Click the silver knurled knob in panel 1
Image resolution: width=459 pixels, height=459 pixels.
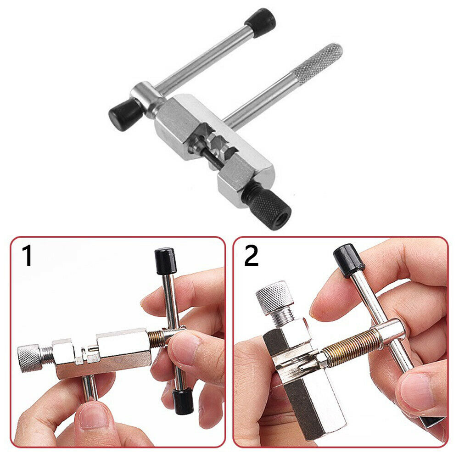point(28,357)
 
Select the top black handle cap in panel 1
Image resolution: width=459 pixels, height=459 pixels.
point(165,261)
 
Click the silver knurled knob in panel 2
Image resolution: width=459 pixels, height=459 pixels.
point(274,297)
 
